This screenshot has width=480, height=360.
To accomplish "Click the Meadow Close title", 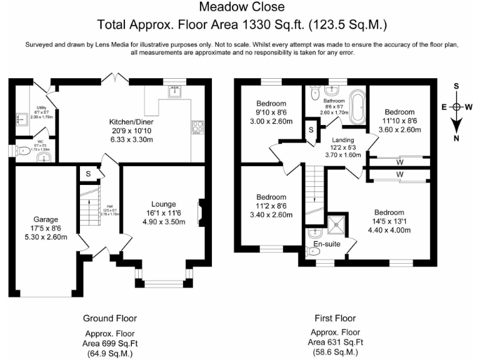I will tap(241, 7).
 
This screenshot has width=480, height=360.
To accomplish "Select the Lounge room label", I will tap(163, 204).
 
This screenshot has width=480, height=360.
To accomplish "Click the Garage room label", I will tap(46, 219).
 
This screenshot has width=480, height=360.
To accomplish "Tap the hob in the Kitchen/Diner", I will tap(199, 127).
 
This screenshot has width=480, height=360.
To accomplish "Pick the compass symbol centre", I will tap(457, 107).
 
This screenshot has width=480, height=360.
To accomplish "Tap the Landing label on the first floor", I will tap(343, 139).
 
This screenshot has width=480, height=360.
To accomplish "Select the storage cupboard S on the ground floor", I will tap(88, 174).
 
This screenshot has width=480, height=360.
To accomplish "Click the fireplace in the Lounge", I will tap(200, 212).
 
